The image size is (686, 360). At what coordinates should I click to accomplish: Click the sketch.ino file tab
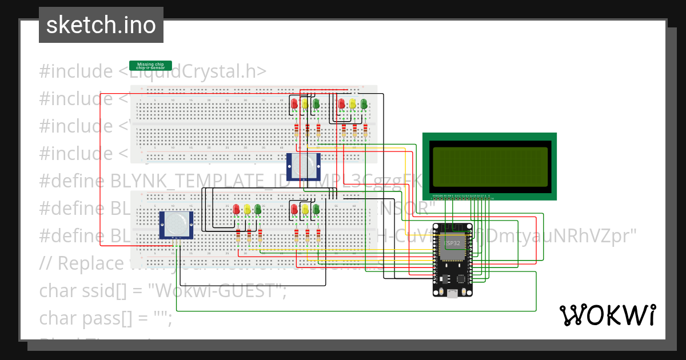coord(101,25)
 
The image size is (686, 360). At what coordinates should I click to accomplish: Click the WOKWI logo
coord(607,315)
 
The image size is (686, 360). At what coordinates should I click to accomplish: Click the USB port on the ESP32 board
coord(453,293)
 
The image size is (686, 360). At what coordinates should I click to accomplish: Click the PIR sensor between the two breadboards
coord(303,166)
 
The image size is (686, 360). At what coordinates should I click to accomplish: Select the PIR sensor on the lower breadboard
coord(176,225)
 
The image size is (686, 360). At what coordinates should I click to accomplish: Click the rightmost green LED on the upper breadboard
coord(364,103)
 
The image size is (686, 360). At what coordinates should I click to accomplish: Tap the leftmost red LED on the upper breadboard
coord(294,103)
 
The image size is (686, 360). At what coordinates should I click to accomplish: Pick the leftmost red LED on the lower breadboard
coord(237,209)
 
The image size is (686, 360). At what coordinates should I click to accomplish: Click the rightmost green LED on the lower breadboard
coord(316,209)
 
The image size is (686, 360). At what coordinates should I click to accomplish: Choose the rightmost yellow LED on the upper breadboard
coord(353,103)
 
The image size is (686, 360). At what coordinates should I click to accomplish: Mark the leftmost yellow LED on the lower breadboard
coord(248,209)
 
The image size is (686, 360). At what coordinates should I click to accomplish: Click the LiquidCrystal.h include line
coord(153,71)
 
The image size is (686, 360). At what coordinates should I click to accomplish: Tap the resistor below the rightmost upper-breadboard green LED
coord(365,131)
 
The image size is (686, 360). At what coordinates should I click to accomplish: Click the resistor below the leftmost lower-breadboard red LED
coord(238,236)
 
